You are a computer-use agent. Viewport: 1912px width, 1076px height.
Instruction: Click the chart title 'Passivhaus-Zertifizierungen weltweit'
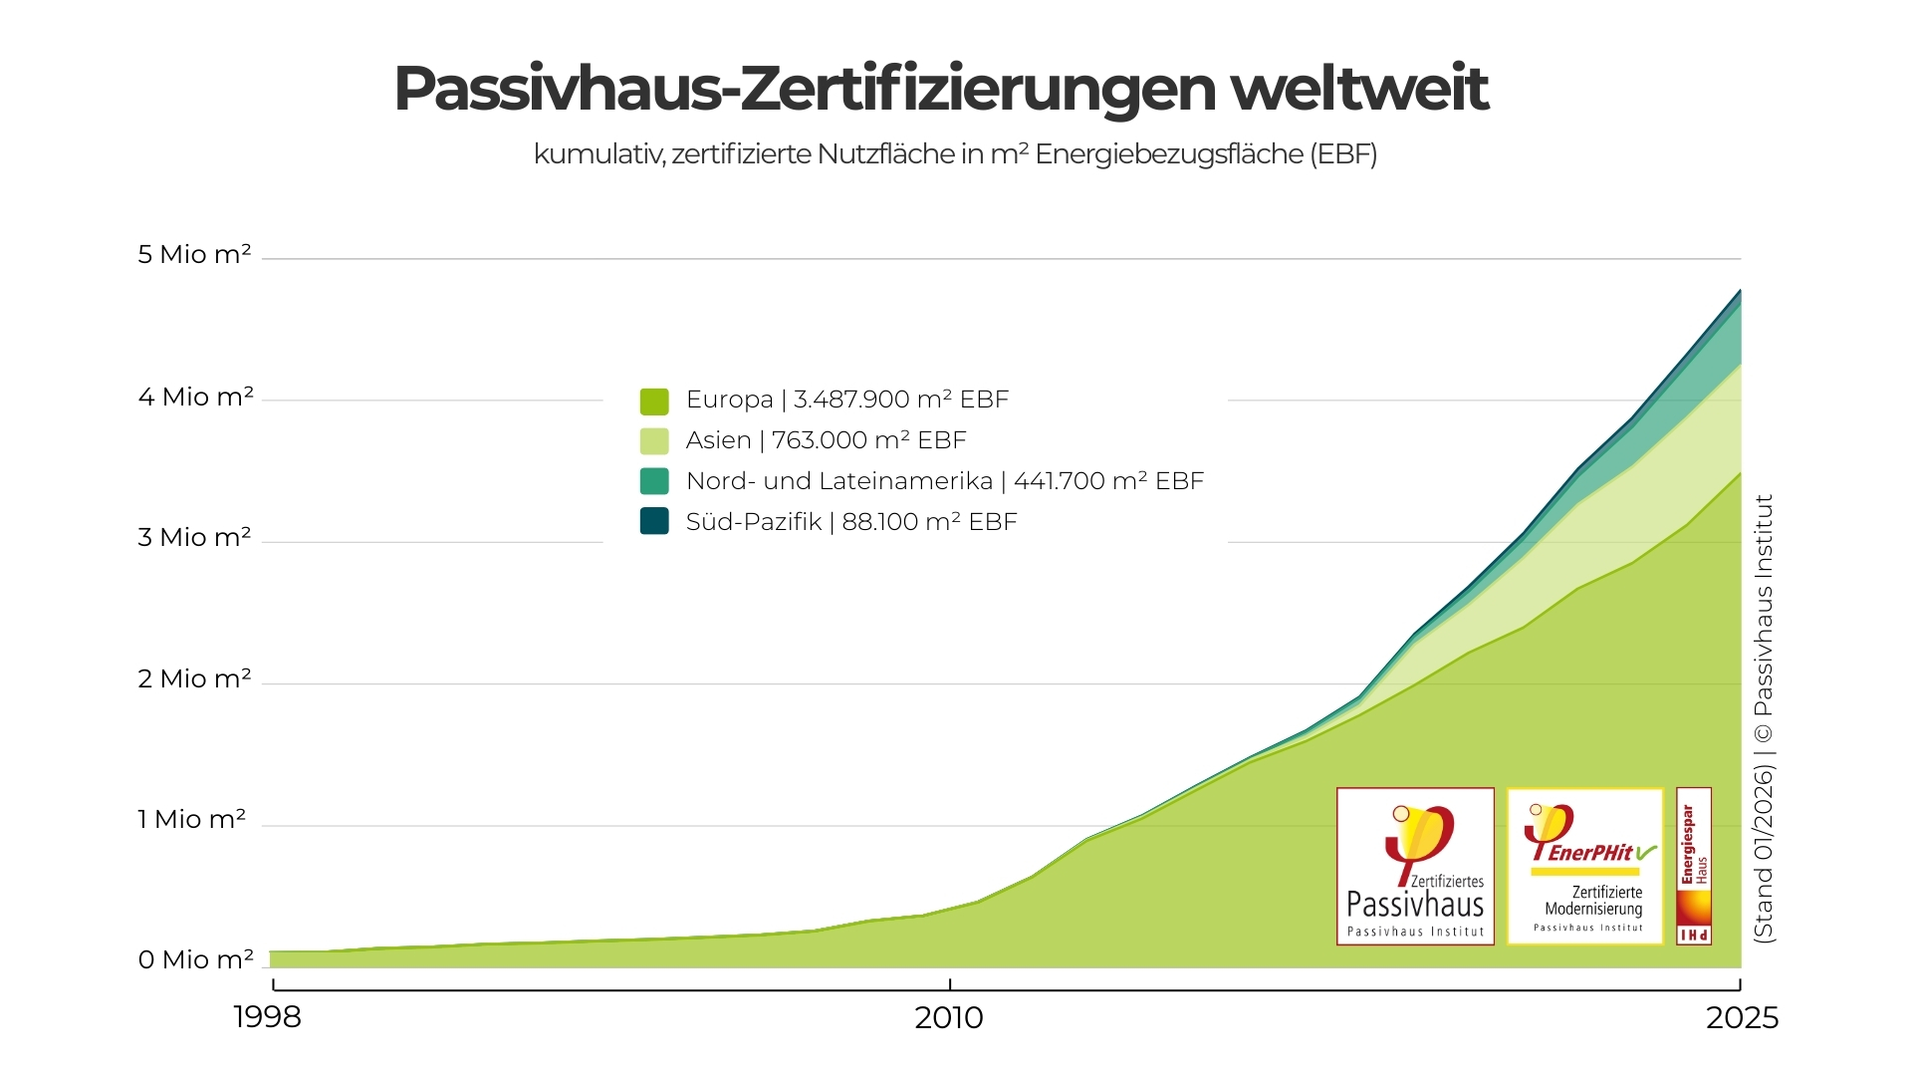(x=940, y=89)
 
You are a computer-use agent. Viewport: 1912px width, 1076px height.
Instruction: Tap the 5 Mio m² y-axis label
(x=194, y=254)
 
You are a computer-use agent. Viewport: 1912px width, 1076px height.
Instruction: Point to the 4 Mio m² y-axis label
(x=195, y=397)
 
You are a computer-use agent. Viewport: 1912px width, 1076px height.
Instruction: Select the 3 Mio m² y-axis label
(x=194, y=537)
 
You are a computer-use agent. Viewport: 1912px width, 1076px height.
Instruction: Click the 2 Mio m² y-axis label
(x=194, y=678)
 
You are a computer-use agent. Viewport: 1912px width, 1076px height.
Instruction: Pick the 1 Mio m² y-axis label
(x=191, y=819)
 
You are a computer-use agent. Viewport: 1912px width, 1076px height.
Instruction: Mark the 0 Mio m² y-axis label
(x=195, y=959)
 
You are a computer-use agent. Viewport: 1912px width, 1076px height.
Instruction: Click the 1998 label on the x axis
(x=267, y=1017)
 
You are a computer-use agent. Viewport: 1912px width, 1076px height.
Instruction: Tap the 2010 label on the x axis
(x=949, y=1017)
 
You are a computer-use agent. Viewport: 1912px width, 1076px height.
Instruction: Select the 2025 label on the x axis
(x=1742, y=1017)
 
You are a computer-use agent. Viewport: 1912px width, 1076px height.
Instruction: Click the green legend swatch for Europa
(x=654, y=401)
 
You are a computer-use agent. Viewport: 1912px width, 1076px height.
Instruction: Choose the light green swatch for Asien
(x=654, y=440)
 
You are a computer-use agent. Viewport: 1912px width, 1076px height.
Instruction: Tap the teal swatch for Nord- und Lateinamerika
(x=654, y=481)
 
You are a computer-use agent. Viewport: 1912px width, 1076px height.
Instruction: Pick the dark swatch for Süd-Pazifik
(x=654, y=521)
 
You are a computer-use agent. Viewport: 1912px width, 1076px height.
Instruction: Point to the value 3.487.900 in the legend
(x=850, y=400)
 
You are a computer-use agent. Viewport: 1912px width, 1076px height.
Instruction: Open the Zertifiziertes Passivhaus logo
(x=1415, y=866)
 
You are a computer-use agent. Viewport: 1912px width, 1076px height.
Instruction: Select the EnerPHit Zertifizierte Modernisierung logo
(x=1585, y=866)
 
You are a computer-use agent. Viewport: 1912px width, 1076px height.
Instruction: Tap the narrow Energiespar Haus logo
(x=1694, y=866)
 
